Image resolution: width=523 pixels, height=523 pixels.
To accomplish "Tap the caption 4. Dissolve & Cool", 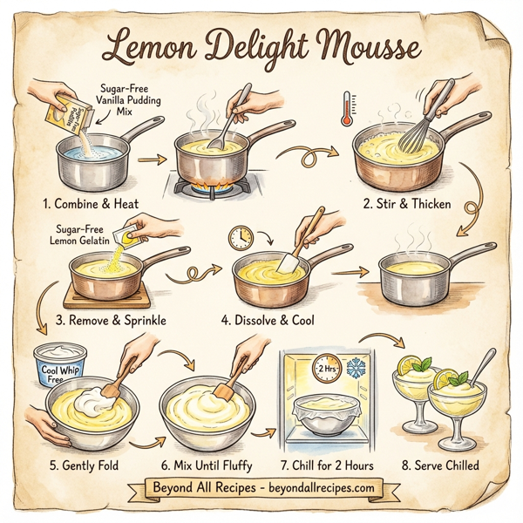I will click(268, 320).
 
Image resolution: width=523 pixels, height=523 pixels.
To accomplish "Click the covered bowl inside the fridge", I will click(321, 417).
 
